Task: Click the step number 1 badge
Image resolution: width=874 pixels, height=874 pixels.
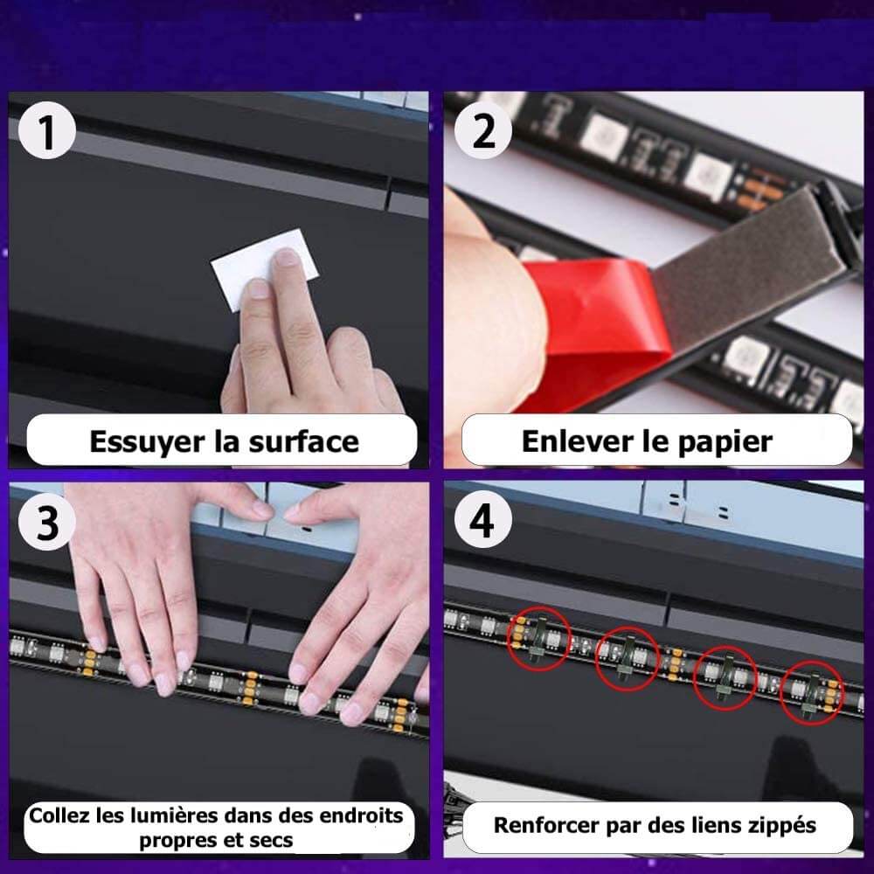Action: click(47, 131)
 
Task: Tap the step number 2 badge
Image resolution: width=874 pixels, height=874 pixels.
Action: click(482, 131)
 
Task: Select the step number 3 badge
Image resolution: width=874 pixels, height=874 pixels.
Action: click(47, 523)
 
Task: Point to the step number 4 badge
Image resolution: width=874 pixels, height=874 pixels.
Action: click(482, 521)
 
